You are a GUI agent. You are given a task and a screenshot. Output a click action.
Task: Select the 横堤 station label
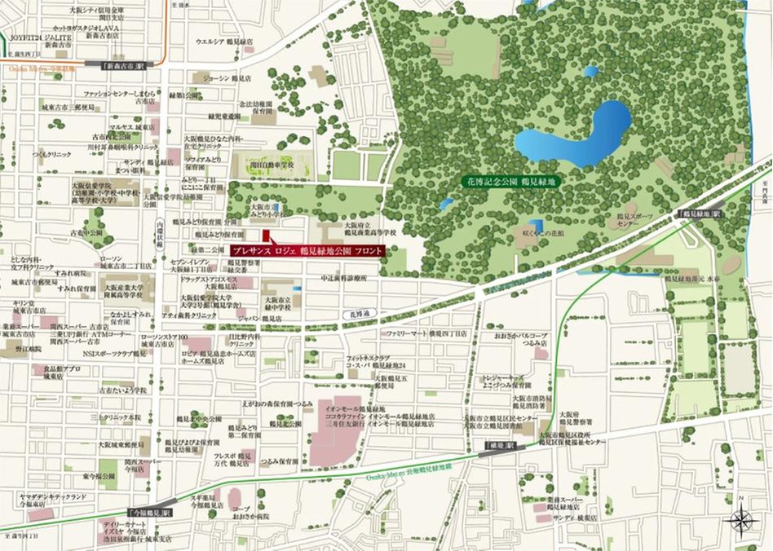(x=492, y=447)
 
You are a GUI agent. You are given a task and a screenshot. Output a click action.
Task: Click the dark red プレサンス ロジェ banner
(x=306, y=250)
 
